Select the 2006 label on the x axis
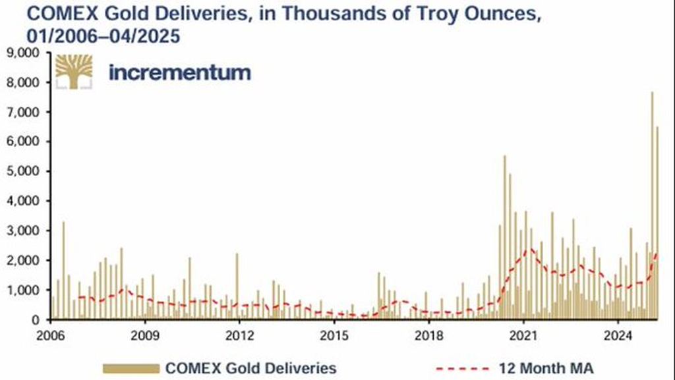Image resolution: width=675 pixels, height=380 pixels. pos(51,333)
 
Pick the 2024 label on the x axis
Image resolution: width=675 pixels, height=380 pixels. pos(618,333)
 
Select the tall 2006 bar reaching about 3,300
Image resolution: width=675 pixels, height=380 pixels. pos(63,270)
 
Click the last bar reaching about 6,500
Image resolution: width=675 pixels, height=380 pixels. pos(657,224)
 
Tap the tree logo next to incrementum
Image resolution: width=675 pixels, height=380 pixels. pos(74,72)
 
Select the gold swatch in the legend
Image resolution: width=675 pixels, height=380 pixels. pos(131,367)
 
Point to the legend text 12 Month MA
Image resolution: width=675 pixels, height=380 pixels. pos(543,367)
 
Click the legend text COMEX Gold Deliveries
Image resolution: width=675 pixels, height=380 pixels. pos(251,367)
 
